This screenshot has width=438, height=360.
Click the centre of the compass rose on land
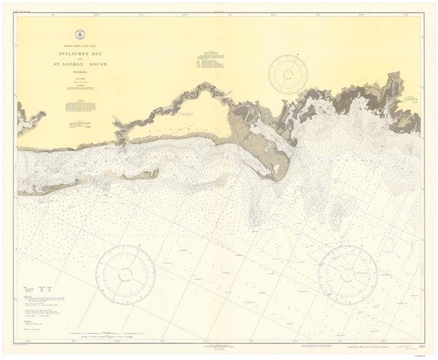(288, 74)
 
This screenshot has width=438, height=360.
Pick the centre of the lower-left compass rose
(124, 274)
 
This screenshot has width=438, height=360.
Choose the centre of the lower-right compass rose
(347, 274)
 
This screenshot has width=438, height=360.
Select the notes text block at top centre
(208, 60)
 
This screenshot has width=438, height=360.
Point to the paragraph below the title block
(83, 89)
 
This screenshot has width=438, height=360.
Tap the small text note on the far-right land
(412, 97)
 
